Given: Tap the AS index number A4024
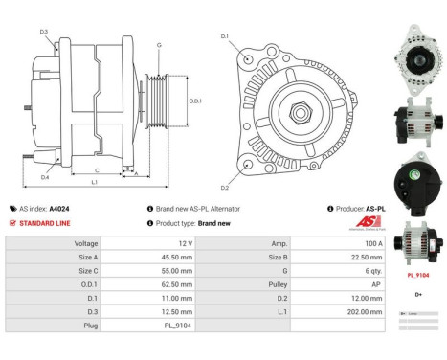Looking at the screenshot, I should [x=59, y=208].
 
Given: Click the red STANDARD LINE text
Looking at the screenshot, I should [x=44, y=222].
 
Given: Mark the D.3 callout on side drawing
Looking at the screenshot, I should [x=44, y=32].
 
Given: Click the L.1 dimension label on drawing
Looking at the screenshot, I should [x=93, y=181].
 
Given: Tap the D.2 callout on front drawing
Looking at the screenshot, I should [x=225, y=188].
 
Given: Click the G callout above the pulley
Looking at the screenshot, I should [x=159, y=45].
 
